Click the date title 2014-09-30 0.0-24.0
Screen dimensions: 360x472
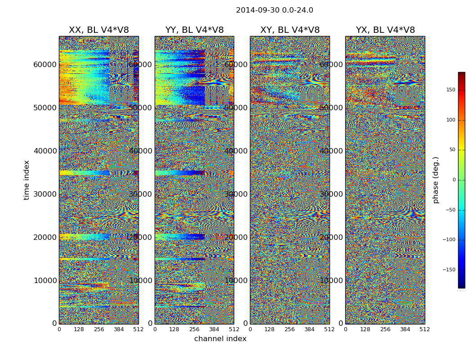click(274, 10)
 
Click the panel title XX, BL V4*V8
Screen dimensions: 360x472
click(98, 30)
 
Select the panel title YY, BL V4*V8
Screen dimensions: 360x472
click(194, 30)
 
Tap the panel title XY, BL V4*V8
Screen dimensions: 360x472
click(290, 30)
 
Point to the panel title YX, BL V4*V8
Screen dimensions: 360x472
click(385, 30)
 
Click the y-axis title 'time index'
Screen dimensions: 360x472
click(27, 180)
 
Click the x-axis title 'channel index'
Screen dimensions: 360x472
click(220, 339)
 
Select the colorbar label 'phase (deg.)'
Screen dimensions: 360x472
click(436, 180)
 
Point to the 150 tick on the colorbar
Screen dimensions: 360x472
click(450, 90)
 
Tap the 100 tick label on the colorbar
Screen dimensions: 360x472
click(450, 120)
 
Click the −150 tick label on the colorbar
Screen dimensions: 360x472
click(449, 270)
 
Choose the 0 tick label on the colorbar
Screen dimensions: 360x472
click(454, 180)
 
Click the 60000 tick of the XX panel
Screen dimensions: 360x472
click(45, 64)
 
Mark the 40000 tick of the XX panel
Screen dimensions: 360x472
click(45, 151)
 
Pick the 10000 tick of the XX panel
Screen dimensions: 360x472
click(45, 280)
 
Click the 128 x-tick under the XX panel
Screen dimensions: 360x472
click(79, 329)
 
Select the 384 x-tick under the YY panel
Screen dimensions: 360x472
click(214, 329)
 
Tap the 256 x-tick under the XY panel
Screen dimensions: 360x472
click(289, 329)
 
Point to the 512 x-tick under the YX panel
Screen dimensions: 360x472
click(425, 329)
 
